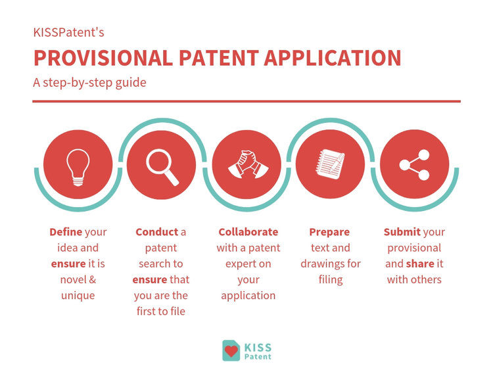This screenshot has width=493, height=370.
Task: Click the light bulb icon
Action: click(77, 164)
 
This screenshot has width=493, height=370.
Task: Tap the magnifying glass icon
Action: click(162, 165)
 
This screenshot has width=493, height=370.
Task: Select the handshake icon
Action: click(246, 164)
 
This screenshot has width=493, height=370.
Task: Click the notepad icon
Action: click(331, 164)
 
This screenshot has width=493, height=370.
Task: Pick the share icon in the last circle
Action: click(415, 164)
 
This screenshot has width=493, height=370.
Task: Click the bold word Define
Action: click(66, 232)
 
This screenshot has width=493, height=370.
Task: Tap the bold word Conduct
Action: click(156, 232)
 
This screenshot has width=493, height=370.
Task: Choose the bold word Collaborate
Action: click(248, 232)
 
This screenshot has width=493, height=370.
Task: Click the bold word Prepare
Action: click(329, 232)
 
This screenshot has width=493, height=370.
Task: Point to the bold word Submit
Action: click(402, 232)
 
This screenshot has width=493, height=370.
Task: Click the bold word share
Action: click(420, 264)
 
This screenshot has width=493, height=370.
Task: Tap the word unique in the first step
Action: click(78, 295)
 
